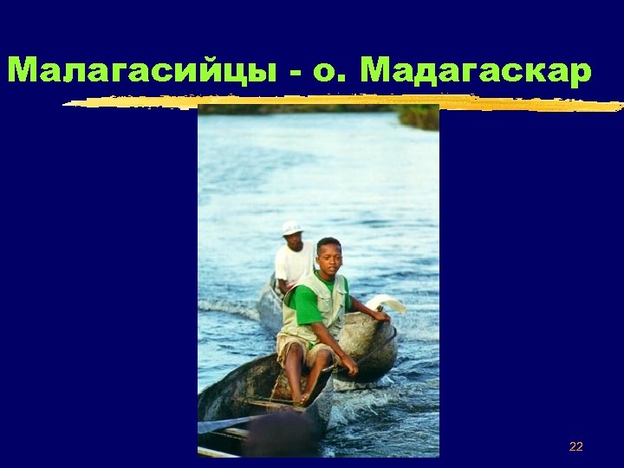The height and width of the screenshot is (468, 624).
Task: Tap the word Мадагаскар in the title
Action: [476, 69]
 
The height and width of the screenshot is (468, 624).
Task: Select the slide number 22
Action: [575, 447]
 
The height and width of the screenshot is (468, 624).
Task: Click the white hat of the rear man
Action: [292, 228]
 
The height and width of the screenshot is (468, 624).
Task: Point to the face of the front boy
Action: [328, 258]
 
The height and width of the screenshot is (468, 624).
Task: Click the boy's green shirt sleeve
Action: [305, 302]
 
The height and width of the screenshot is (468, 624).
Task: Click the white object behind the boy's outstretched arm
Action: [387, 303]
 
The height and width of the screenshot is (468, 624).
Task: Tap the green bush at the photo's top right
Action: [419, 116]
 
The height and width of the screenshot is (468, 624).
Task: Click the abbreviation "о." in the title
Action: [331, 71]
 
